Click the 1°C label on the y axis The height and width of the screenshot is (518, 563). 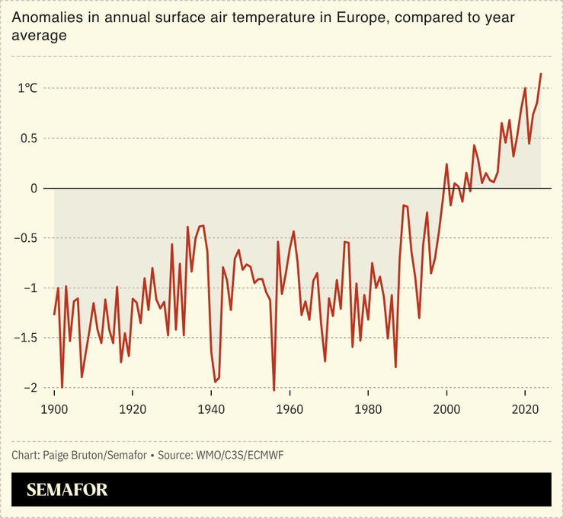coord(27,88)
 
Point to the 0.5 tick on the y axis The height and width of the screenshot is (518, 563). coord(29,138)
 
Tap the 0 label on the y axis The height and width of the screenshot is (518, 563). coord(34,188)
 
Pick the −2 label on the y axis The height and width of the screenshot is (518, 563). coord(30,388)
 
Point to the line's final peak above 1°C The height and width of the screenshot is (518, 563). coord(541,74)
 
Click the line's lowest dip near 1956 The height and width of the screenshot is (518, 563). coord(274,390)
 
